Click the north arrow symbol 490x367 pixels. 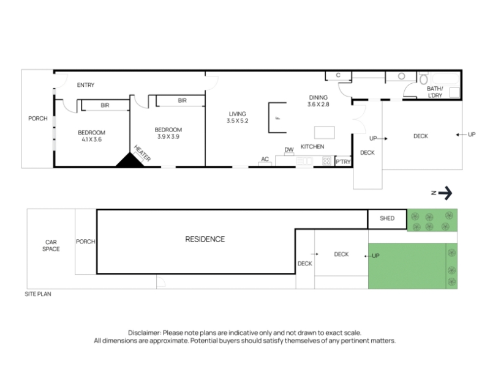pyautogui.click(x=445, y=193)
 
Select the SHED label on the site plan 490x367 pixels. pyautogui.click(x=387, y=218)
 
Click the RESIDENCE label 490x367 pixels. pyautogui.click(x=205, y=239)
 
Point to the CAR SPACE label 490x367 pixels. pyautogui.click(x=51, y=246)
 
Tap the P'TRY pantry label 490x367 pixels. pyautogui.click(x=343, y=161)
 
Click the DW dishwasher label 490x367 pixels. pyautogui.click(x=289, y=150)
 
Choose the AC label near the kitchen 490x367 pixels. pyautogui.click(x=265, y=159)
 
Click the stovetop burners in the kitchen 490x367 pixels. pyautogui.click(x=327, y=161)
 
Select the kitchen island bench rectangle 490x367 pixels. pyautogui.click(x=325, y=132)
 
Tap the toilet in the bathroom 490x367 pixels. pyautogui.click(x=424, y=79)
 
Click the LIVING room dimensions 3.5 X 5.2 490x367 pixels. pyautogui.click(x=238, y=120)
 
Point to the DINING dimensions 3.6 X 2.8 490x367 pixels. pyautogui.click(x=318, y=104)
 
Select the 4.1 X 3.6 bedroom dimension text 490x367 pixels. pyautogui.click(x=91, y=139)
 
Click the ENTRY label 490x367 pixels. pyautogui.click(x=86, y=85)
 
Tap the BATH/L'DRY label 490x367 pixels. pyautogui.click(x=435, y=92)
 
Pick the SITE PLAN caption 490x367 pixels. pyautogui.click(x=38, y=294)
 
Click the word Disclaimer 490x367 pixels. pyautogui.click(x=145, y=333)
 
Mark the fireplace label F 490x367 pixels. pyautogui.click(x=278, y=118)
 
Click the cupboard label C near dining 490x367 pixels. pyautogui.click(x=338, y=75)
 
